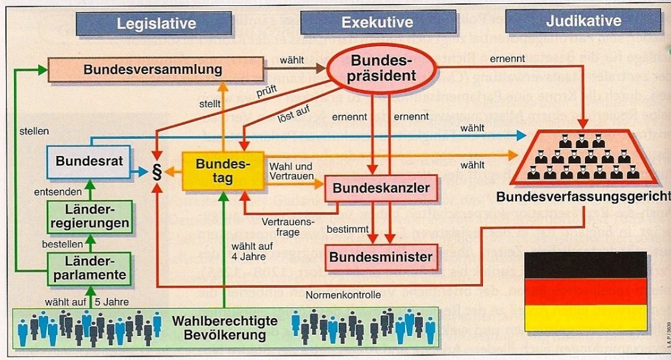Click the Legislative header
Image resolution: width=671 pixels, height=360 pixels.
coord(155,23)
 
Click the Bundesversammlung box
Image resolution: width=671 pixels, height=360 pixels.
coord(153,69)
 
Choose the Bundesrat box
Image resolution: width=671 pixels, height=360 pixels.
coord(87,161)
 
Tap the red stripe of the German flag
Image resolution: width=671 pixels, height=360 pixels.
coord(585,291)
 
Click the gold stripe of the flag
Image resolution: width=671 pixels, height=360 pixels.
coord(585,317)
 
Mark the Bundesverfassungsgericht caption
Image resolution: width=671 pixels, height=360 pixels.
coord(582,197)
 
